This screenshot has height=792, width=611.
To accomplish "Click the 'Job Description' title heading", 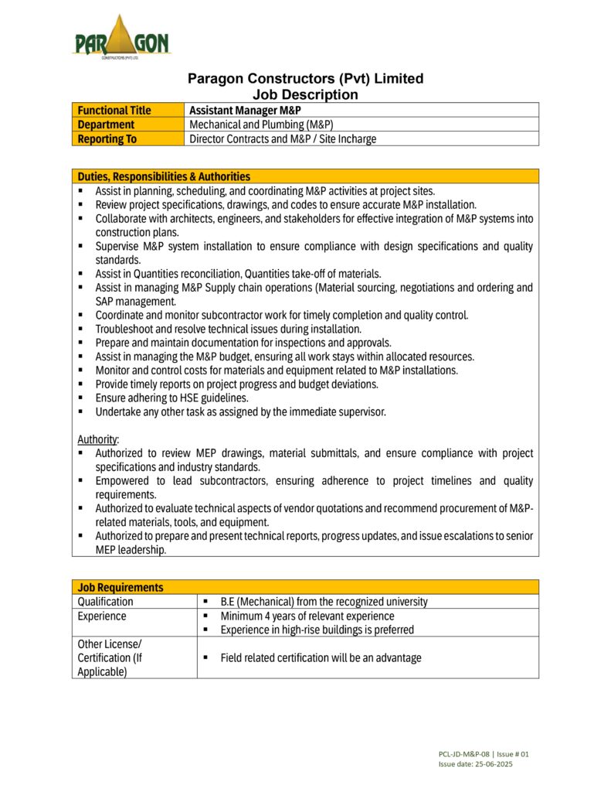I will point(306,94).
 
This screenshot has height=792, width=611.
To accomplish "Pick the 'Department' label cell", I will point(106,125).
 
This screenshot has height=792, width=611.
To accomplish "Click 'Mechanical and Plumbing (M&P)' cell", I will point(261,125).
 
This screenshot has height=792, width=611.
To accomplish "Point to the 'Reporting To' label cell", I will point(107,139).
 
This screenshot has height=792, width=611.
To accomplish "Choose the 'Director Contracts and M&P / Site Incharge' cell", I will point(283,139).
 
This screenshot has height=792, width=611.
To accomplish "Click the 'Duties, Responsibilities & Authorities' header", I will point(164,176).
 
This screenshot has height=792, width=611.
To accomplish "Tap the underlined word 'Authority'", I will point(97,439).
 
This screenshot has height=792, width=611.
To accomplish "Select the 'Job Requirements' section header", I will point(120,587).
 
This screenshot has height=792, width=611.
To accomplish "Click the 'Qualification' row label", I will point(105,601).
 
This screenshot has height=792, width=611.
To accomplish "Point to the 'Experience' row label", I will point(102,616).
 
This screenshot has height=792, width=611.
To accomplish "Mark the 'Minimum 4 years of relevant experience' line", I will point(307,616).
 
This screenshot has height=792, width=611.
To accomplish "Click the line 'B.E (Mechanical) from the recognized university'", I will point(324,601).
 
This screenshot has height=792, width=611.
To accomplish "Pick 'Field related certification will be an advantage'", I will point(321,657).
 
